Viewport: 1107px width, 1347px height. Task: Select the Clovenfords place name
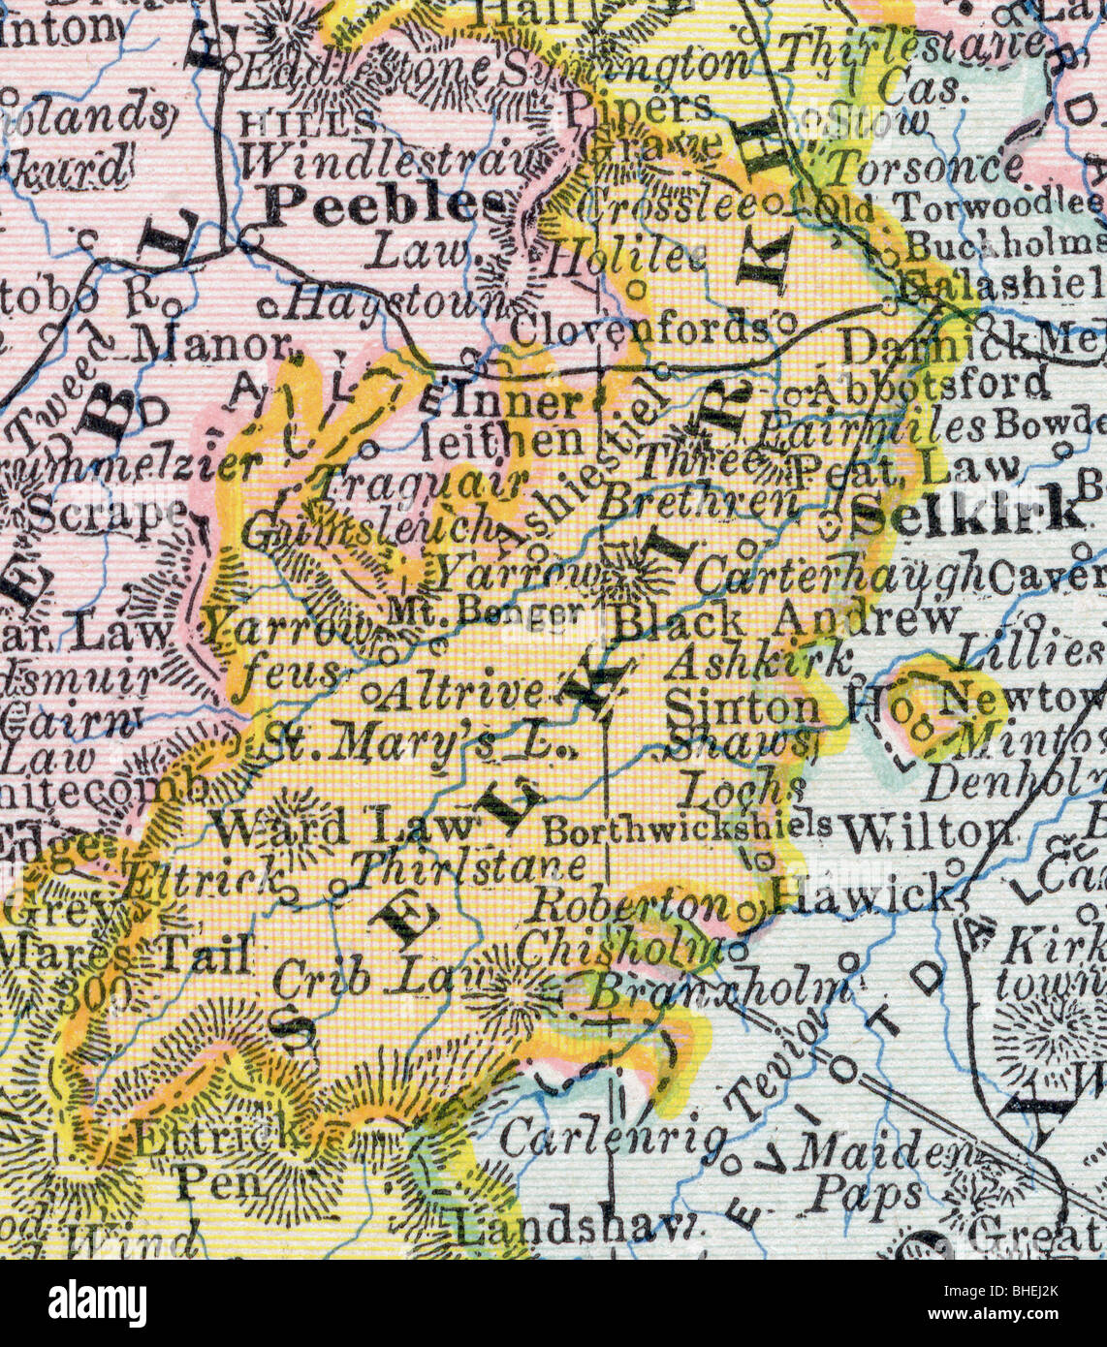tap(640, 329)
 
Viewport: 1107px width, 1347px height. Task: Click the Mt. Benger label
tap(487, 611)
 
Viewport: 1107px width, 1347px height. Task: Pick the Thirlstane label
tap(469, 865)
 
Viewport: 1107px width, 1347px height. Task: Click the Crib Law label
tap(361, 979)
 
